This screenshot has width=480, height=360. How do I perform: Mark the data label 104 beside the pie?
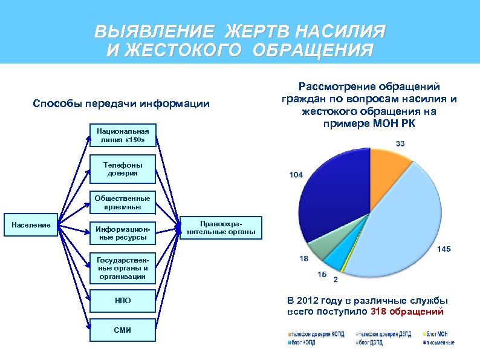(x=296, y=175)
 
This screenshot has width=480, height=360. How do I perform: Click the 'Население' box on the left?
(x=31, y=226)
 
